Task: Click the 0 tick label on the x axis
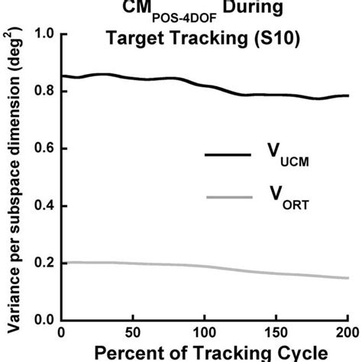tap(62, 334)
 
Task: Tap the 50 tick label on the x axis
tap(133, 334)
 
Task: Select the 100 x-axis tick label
tap(204, 334)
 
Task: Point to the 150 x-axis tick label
tap(275, 334)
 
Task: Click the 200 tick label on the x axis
tap(345, 334)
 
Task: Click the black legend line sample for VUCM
tap(228, 155)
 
